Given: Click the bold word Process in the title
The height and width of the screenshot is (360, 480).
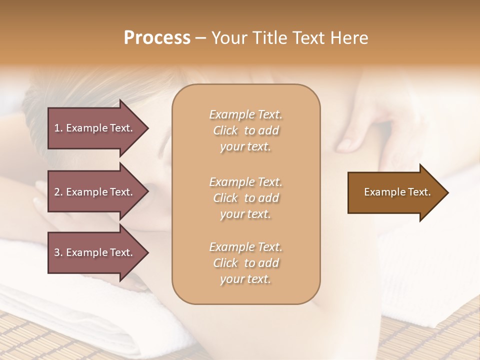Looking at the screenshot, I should pyautogui.click(x=157, y=38).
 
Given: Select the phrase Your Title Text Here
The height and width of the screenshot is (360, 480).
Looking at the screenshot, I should pyautogui.click(x=289, y=38).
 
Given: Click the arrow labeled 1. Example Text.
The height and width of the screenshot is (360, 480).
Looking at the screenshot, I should pyautogui.click(x=93, y=128).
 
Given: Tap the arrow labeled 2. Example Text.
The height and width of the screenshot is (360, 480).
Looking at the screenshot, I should pyautogui.click(x=93, y=192).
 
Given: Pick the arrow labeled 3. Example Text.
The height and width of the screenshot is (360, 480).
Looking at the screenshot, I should pyautogui.click(x=93, y=252).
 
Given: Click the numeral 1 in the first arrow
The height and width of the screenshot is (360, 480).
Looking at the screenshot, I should pyautogui.click(x=56, y=128).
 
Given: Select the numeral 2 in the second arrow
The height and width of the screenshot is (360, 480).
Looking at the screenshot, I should pyautogui.click(x=57, y=192).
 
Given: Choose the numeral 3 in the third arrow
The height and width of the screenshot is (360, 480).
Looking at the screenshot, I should pyautogui.click(x=57, y=252).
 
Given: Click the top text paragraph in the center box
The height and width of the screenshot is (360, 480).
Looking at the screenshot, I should pyautogui.click(x=245, y=130).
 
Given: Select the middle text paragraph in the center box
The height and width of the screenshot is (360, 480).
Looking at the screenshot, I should pyautogui.click(x=245, y=198).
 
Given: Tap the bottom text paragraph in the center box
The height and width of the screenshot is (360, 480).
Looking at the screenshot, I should pyautogui.click(x=245, y=263).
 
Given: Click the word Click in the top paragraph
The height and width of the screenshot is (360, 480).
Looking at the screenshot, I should pyautogui.click(x=225, y=130).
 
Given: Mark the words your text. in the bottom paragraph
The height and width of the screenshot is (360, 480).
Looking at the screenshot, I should pyautogui.click(x=245, y=279).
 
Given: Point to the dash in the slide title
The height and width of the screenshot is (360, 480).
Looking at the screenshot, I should pyautogui.click(x=200, y=38).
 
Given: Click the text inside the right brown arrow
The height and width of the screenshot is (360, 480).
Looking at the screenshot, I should pyautogui.click(x=397, y=192).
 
